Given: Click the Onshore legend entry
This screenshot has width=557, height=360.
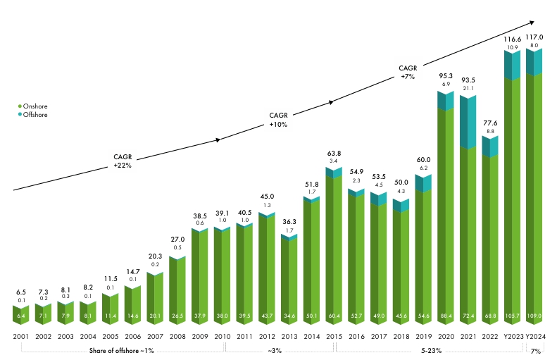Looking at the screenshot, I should click(33, 106).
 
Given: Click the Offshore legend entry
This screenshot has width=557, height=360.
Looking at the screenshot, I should click(33, 114).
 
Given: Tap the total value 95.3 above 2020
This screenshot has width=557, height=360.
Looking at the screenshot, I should click(446, 75).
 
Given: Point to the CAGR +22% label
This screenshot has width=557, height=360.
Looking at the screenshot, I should click(123, 161).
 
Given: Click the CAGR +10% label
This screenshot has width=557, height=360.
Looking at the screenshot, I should click(279, 119).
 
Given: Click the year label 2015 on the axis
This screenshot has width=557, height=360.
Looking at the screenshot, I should click(334, 336).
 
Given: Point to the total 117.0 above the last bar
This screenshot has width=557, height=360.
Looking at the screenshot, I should click(535, 37).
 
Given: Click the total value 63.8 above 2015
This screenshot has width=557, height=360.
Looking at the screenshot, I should click(334, 153).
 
